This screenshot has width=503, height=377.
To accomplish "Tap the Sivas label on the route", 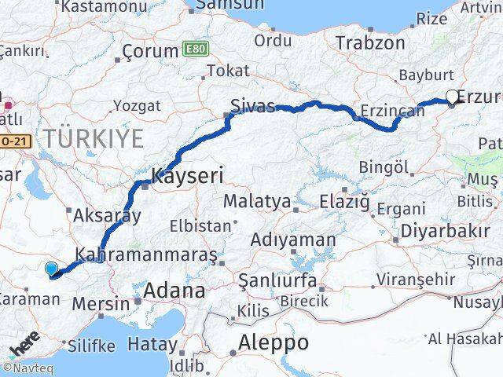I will (252, 106).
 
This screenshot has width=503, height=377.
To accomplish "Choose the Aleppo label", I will (274, 342).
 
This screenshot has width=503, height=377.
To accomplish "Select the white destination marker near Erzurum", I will (452, 97).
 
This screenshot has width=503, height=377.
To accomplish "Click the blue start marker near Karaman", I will (52, 269).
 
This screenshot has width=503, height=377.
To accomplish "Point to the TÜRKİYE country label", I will (94, 139).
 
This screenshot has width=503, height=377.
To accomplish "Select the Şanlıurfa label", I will (277, 280).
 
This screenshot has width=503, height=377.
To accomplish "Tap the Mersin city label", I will (102, 303).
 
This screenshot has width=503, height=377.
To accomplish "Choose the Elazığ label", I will (344, 202).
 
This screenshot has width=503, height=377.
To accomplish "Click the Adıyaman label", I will (293, 240).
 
